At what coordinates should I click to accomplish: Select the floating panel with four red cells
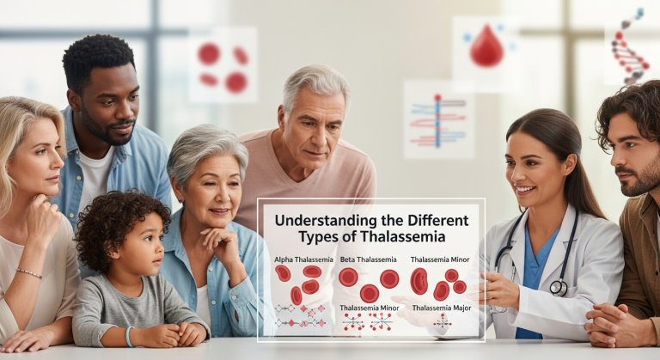(x=223, y=65)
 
